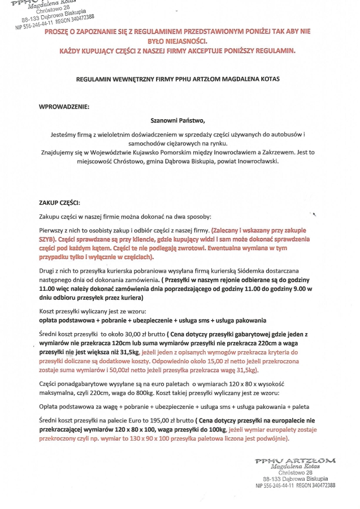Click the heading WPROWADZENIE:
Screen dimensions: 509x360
pyautogui.click(x=64, y=106)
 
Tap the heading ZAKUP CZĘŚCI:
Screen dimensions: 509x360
pyautogui.click(x=59, y=202)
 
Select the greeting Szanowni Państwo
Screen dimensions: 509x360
pyautogui.click(x=178, y=120)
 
